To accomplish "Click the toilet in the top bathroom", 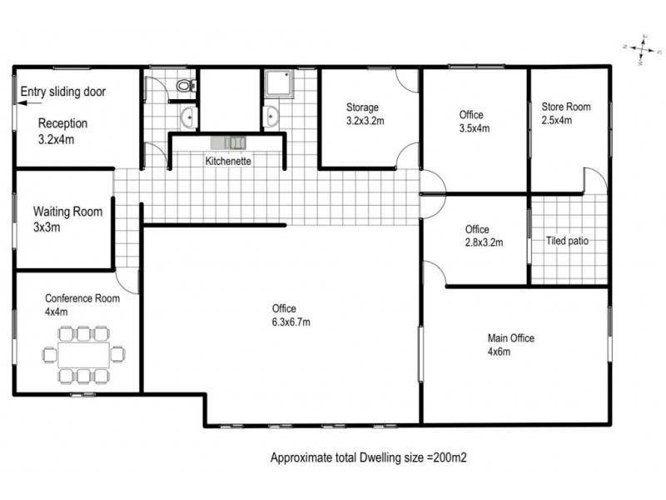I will pyautogui.click(x=184, y=84).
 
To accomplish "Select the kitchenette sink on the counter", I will pyautogui.click(x=227, y=142).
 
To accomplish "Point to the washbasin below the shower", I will pyautogui.click(x=271, y=117).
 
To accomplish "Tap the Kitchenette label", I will pyautogui.click(x=228, y=161).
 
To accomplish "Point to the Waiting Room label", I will pyautogui.click(x=67, y=212).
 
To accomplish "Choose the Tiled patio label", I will pyautogui.click(x=567, y=242).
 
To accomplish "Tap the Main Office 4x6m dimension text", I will pyautogui.click(x=499, y=352).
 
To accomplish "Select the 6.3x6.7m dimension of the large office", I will pyautogui.click(x=284, y=322).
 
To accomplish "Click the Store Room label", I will pyautogui.click(x=566, y=107).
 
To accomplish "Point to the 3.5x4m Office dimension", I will pyautogui.click(x=475, y=128).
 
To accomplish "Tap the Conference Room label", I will pyautogui.click(x=82, y=298).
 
